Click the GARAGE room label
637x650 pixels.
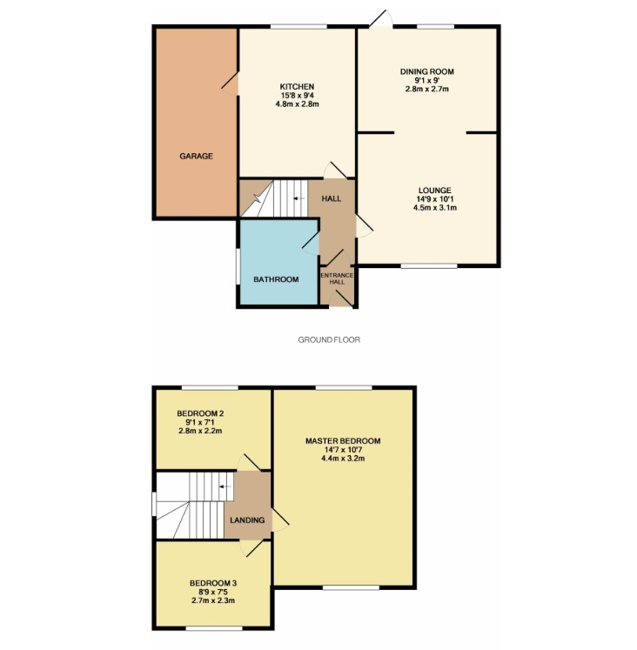tap(196, 157)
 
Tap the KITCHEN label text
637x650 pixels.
tap(297, 87)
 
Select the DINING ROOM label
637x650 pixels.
tap(427, 71)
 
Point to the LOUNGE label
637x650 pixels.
tap(435, 191)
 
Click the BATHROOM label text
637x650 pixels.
tap(276, 279)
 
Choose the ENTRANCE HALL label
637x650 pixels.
tap(337, 278)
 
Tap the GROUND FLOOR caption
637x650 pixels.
tap(329, 340)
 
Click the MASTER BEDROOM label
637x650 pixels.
tap(343, 441)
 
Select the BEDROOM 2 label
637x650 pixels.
tap(200, 413)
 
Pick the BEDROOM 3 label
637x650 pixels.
tap(213, 583)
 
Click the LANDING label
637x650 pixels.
tap(247, 520)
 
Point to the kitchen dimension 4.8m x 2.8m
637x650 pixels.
tap(297, 104)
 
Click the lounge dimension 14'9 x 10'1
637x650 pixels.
tap(435, 199)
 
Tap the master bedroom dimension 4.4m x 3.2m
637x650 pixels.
tap(343, 459)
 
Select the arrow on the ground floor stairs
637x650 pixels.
tap(298, 198)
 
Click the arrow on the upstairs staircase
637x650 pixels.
tap(225, 486)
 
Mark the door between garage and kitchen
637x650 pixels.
tap(231, 84)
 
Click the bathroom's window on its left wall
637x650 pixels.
tap(238, 266)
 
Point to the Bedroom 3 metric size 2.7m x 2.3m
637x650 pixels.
tap(213, 600)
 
